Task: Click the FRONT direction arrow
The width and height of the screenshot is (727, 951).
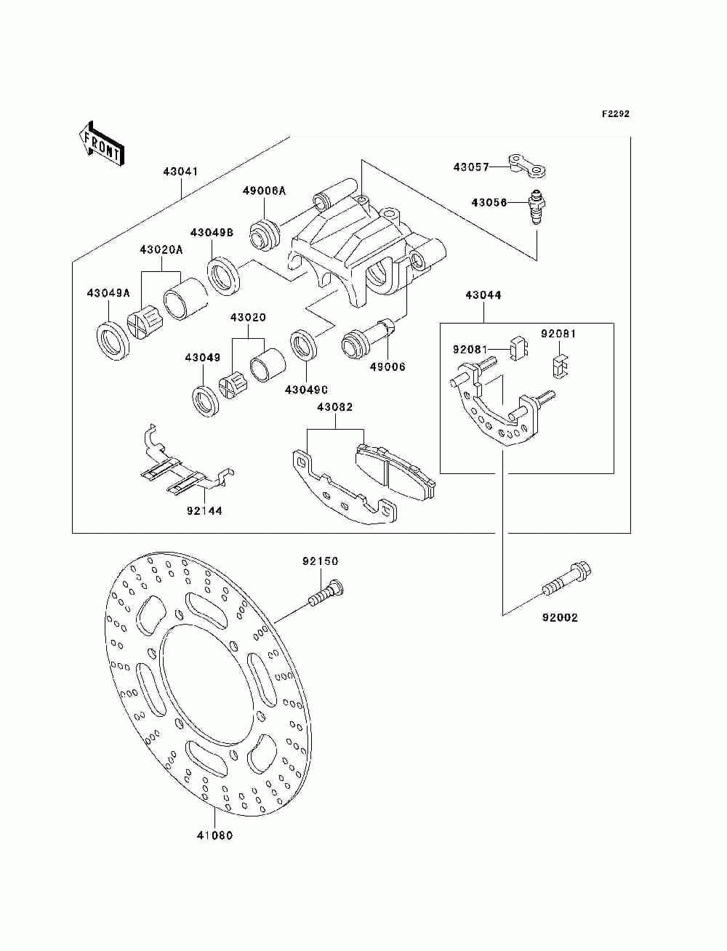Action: click(101, 143)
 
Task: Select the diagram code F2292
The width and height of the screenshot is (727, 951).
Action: click(615, 114)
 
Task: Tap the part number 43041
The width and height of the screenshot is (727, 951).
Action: click(180, 172)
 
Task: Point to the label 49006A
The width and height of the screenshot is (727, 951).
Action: click(265, 190)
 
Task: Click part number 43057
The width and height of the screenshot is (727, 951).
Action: click(471, 167)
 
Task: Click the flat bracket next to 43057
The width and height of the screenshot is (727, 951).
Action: click(527, 166)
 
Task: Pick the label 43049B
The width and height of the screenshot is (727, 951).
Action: click(212, 233)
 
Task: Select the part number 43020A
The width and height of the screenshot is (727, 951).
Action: click(161, 249)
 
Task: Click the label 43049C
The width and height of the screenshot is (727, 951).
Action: click(306, 390)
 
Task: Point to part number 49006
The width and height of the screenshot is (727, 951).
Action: click(387, 367)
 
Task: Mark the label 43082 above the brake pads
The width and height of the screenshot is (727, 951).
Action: click(335, 407)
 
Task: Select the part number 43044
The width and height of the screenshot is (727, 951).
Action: click(483, 295)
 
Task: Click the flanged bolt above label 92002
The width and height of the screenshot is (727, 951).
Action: click(566, 579)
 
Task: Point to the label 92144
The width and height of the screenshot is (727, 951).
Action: click(205, 511)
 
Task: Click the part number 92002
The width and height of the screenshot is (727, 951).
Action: click(560, 617)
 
